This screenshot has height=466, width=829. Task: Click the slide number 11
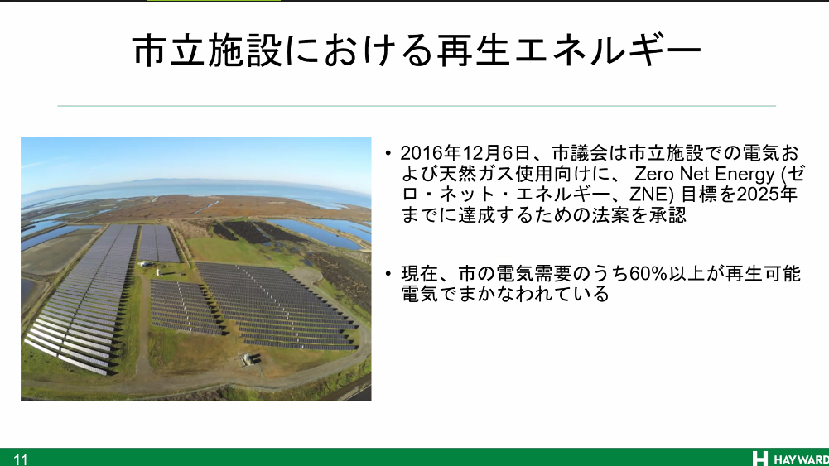[20, 459]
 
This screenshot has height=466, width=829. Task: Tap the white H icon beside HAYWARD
[759, 459]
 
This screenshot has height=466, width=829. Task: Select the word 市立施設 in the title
[207, 50]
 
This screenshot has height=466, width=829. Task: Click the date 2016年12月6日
[465, 153]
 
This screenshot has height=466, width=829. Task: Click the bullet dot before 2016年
[388, 154]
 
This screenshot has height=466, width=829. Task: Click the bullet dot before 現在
[388, 274]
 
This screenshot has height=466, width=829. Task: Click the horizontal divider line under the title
[417, 106]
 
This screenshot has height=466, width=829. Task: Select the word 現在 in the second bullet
[419, 274]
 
